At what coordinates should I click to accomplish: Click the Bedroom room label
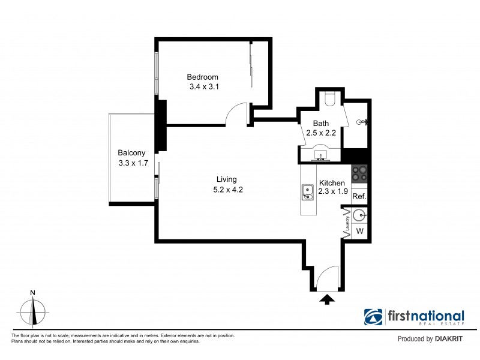pos(202,77)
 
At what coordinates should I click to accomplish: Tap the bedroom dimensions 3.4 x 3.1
pos(202,87)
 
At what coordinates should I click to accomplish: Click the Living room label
pos(227,179)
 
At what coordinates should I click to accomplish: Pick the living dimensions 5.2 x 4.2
pos(227,190)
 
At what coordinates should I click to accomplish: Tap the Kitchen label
pos(332,183)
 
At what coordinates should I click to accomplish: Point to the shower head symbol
pos(361,122)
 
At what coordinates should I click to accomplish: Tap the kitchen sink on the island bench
pos(308,191)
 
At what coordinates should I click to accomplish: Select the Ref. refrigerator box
pos(359,197)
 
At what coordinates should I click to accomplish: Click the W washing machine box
pos(359,231)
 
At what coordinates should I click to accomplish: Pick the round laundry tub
pos(359,214)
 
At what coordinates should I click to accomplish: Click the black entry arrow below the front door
pos(327,299)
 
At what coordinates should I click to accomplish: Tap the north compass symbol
pos(34,311)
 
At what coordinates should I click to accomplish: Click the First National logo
pos(414,317)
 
